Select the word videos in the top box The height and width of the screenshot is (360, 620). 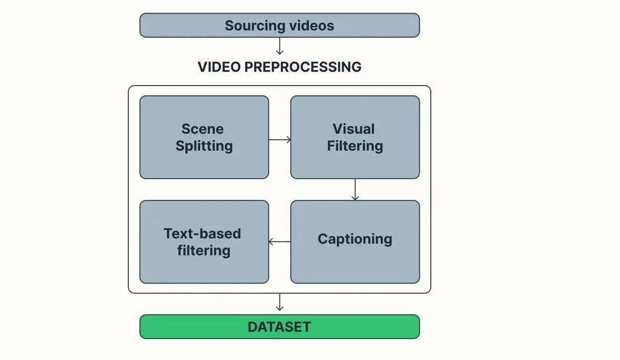tap(311, 26)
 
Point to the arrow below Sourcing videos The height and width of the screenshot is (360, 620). tap(279, 46)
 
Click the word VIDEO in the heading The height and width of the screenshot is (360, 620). tap(219, 67)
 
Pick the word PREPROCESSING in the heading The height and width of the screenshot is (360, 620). tap(303, 67)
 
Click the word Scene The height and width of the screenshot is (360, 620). tap(202, 129)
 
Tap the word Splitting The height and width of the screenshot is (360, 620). tap(204, 146)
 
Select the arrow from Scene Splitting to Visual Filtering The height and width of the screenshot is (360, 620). tap(279, 140)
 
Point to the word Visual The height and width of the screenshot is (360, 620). tap(354, 129)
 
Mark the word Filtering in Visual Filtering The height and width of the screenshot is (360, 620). tap(355, 146)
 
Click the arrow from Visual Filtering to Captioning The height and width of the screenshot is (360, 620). tap(355, 190)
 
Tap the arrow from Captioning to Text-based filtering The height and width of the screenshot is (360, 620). tap(279, 241)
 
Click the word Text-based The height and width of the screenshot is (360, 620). tap(202, 234)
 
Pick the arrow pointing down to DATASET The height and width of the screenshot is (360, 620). tap(279, 302)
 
